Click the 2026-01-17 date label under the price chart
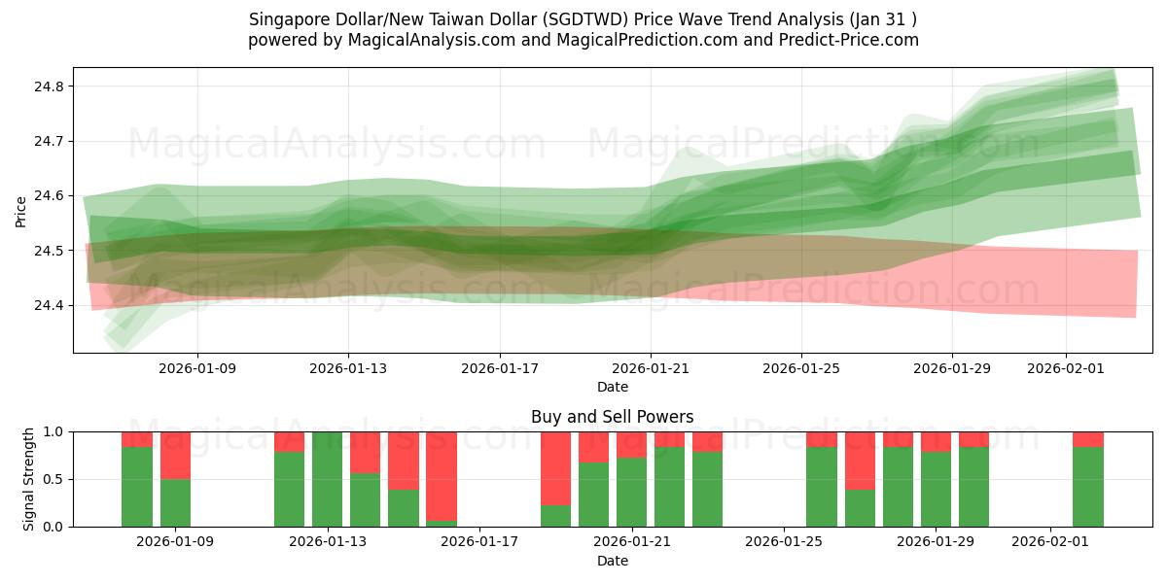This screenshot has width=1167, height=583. (x=499, y=368)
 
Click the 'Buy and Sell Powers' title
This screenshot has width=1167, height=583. (x=612, y=417)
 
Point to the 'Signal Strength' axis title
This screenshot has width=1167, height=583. (x=29, y=479)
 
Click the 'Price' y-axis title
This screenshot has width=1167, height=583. (x=21, y=210)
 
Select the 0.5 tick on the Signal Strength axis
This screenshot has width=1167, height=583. (x=54, y=479)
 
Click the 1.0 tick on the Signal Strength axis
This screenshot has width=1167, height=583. (x=54, y=431)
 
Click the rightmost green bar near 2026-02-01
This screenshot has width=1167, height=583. (x=1087, y=487)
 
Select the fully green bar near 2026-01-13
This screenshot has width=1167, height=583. (x=327, y=479)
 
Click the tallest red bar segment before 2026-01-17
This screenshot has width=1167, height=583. (x=441, y=476)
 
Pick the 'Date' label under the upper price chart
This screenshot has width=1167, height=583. (x=612, y=387)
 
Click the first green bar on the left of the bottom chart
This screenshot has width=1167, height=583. (x=137, y=487)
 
